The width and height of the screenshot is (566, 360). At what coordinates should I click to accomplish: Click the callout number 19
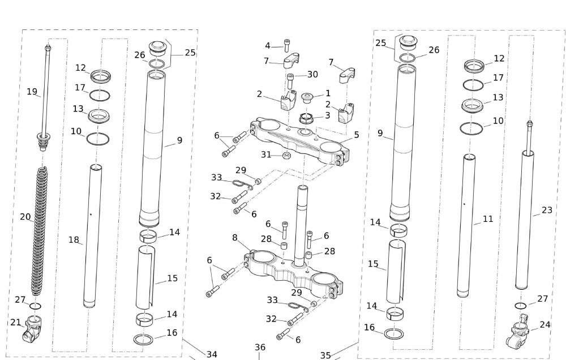click(32, 91)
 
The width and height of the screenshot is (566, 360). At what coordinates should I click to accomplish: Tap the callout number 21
click(16, 322)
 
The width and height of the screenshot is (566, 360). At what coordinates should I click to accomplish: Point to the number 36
click(260, 348)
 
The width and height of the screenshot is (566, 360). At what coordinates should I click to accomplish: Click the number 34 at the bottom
click(211, 354)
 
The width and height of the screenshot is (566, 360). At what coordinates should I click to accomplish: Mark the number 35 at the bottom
click(325, 355)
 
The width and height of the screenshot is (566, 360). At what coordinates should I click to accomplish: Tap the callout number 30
click(312, 75)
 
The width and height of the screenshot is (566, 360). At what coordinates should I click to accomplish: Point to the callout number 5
click(357, 135)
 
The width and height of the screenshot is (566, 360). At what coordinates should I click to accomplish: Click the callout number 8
click(235, 238)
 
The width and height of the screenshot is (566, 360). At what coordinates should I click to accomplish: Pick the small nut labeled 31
click(287, 155)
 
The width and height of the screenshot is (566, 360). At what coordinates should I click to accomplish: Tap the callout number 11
click(488, 218)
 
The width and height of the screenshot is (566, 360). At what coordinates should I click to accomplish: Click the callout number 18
click(74, 240)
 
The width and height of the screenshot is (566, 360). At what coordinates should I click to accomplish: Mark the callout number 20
click(25, 217)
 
